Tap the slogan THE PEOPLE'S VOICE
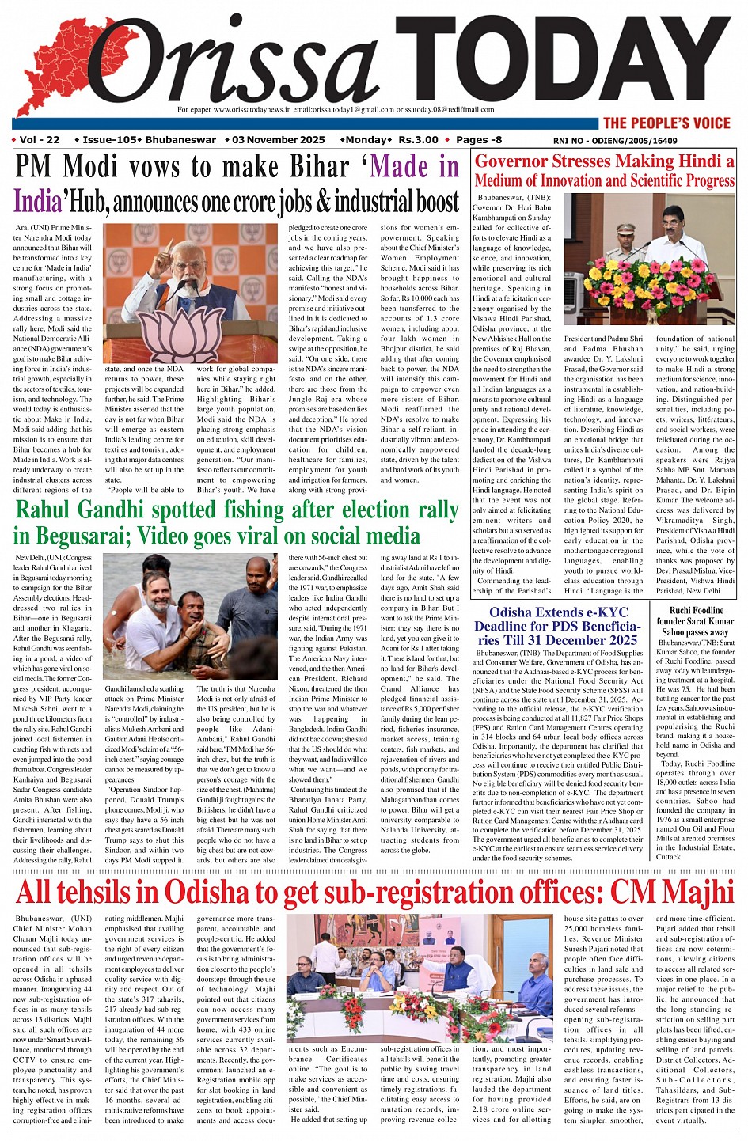click(666, 123)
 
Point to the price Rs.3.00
click(418, 140)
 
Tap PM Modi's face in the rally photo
click(187, 257)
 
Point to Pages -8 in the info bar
click(479, 140)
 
